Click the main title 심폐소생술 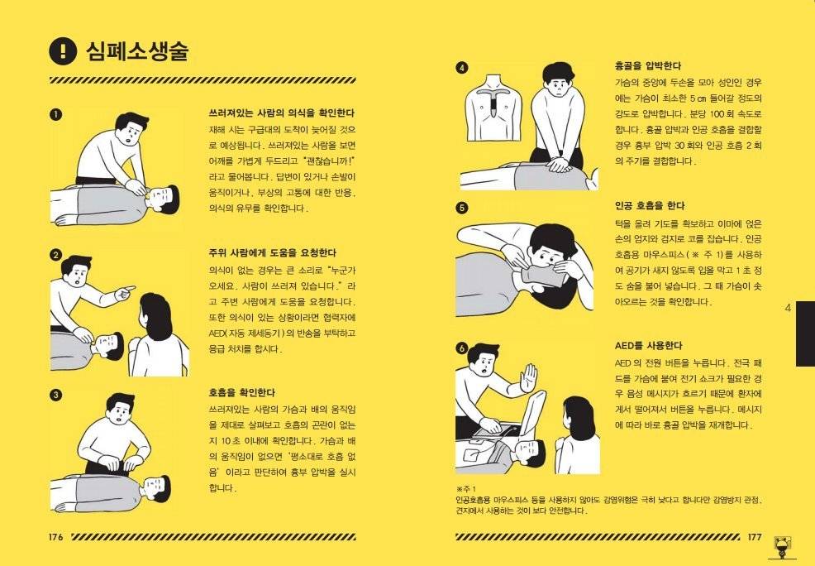(137, 51)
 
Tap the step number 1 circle (55, 114)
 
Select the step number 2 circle (55, 255)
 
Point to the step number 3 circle (55, 395)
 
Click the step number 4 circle (462, 68)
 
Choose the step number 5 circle (462, 208)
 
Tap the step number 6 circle (462, 348)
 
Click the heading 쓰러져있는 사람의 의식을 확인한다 (281, 113)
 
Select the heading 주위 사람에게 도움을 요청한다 (273, 253)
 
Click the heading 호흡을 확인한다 (242, 392)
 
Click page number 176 (56, 537)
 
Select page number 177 (754, 537)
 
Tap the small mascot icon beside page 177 (781, 545)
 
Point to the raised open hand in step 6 (527, 379)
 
